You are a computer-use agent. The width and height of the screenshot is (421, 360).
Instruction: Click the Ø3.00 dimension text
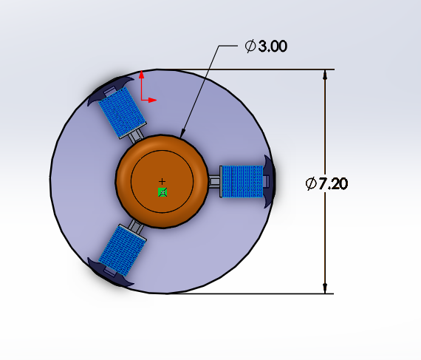(265, 47)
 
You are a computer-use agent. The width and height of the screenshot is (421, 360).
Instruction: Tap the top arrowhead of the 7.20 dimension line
(325, 74)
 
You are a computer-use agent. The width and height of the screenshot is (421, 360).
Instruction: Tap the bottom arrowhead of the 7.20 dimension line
(325, 288)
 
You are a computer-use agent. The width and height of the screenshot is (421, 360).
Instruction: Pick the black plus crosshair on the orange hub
(162, 181)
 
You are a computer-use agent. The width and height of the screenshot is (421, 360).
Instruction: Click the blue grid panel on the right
(242, 182)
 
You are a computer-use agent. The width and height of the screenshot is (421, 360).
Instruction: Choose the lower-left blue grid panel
(123, 248)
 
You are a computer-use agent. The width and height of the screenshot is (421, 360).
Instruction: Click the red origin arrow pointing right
(154, 98)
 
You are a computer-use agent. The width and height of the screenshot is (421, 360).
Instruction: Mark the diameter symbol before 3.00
(250, 47)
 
